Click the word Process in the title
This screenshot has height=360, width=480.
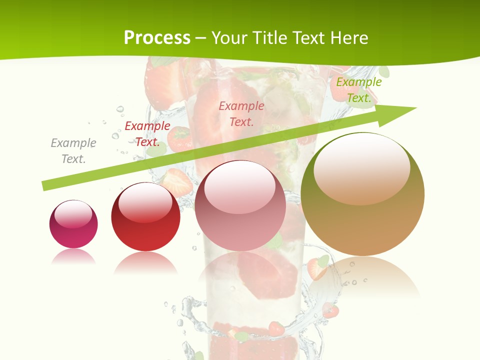pyautogui.click(x=157, y=38)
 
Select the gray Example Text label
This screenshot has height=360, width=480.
pyautogui.click(x=73, y=150)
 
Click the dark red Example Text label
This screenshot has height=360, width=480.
pyautogui.click(x=147, y=134)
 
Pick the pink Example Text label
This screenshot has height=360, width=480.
pyautogui.click(x=241, y=113)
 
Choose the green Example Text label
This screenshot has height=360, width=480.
pyautogui.click(x=358, y=90)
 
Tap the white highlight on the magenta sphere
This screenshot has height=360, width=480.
pyautogui.click(x=73, y=214)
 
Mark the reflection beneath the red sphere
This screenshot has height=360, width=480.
pyautogui.click(x=145, y=262)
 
